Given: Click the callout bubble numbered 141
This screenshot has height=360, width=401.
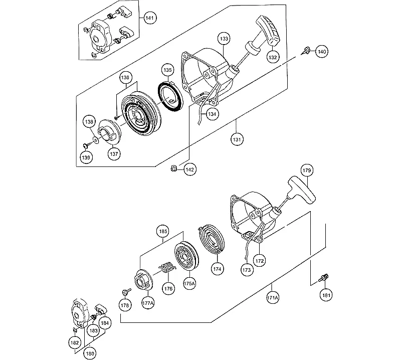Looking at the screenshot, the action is (x=149, y=18).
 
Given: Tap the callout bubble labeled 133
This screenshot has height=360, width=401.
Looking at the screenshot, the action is (x=224, y=39).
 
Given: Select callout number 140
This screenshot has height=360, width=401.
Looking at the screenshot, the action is (x=321, y=52).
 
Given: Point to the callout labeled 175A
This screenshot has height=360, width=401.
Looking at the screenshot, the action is (x=189, y=283).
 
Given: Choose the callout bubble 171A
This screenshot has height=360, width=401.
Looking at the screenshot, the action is (x=272, y=298).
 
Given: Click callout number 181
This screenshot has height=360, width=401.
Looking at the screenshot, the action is (x=326, y=295).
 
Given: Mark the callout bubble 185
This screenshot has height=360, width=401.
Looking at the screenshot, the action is (x=163, y=232).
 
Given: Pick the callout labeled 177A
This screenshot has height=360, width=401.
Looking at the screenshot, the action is (x=148, y=303).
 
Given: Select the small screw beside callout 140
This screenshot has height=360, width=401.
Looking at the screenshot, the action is (x=305, y=51).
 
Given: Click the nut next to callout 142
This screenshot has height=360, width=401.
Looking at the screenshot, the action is (x=173, y=168).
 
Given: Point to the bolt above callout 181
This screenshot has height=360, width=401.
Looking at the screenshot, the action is (x=323, y=278).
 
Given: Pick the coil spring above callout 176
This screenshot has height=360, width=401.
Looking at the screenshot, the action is (x=167, y=268).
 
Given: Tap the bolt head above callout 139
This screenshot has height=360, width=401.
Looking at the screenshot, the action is (x=85, y=146).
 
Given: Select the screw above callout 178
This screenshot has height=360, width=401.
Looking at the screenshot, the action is (x=126, y=291).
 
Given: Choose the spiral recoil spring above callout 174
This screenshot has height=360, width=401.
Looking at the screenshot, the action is (x=212, y=239).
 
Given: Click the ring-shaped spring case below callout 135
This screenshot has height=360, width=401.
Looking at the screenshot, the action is (x=170, y=95).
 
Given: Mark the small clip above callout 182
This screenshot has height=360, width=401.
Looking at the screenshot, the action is (x=75, y=330).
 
